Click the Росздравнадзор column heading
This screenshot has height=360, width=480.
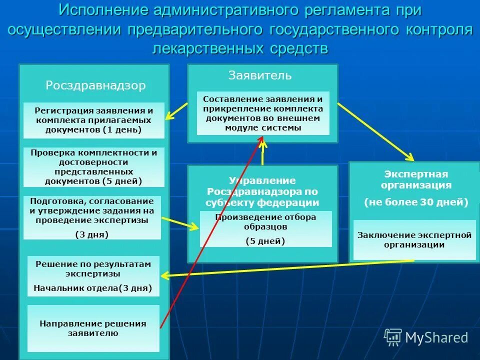(x=95, y=85)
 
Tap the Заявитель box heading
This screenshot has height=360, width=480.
(x=259, y=75)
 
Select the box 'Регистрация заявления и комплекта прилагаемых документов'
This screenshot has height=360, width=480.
(x=94, y=120)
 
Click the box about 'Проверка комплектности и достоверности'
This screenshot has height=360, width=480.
(x=94, y=167)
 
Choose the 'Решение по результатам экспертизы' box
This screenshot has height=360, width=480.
(x=93, y=276)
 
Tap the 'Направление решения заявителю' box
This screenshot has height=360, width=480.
(x=93, y=328)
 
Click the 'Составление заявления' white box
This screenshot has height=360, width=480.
(x=263, y=113)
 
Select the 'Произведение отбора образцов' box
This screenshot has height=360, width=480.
(x=265, y=228)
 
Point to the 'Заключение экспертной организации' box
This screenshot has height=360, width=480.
(x=414, y=240)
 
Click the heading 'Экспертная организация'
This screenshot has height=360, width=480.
(x=416, y=179)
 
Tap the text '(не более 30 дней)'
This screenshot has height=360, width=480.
(x=416, y=202)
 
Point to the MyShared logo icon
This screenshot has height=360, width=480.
(x=393, y=336)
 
